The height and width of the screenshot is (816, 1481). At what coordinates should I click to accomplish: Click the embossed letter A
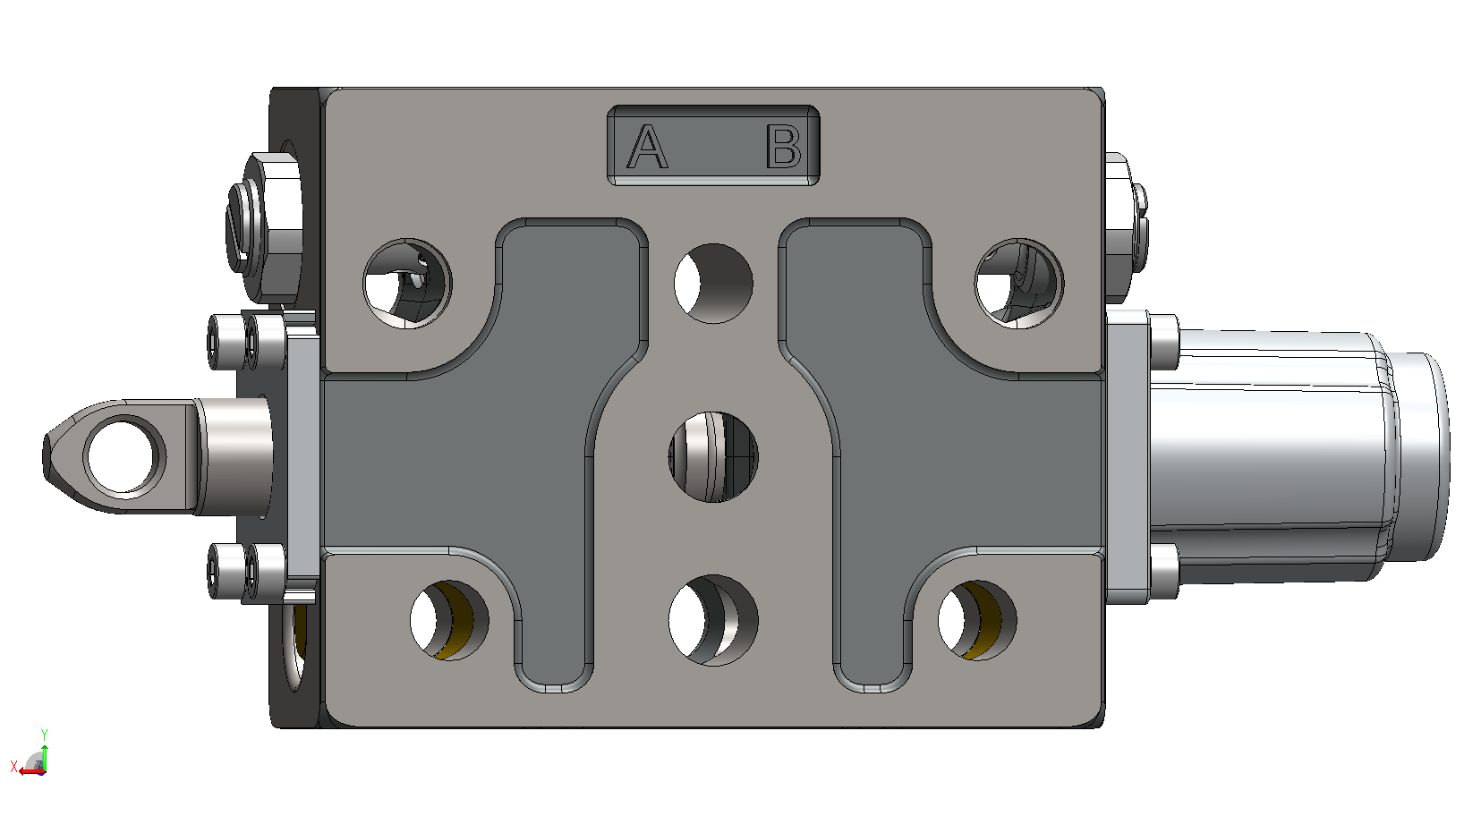[647, 147]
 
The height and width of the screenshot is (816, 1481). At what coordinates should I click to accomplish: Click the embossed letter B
[784, 147]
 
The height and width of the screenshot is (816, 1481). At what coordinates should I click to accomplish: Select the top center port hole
[713, 283]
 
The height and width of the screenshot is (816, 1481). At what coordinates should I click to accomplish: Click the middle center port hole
[713, 457]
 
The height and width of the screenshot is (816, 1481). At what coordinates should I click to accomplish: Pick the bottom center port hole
[713, 620]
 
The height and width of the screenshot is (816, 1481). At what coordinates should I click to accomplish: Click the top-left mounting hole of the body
[407, 283]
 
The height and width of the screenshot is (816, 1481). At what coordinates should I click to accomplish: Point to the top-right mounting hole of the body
[1019, 283]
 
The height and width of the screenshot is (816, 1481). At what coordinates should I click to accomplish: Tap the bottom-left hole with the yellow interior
[449, 620]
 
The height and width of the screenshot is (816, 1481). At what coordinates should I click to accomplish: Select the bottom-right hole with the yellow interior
[977, 620]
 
